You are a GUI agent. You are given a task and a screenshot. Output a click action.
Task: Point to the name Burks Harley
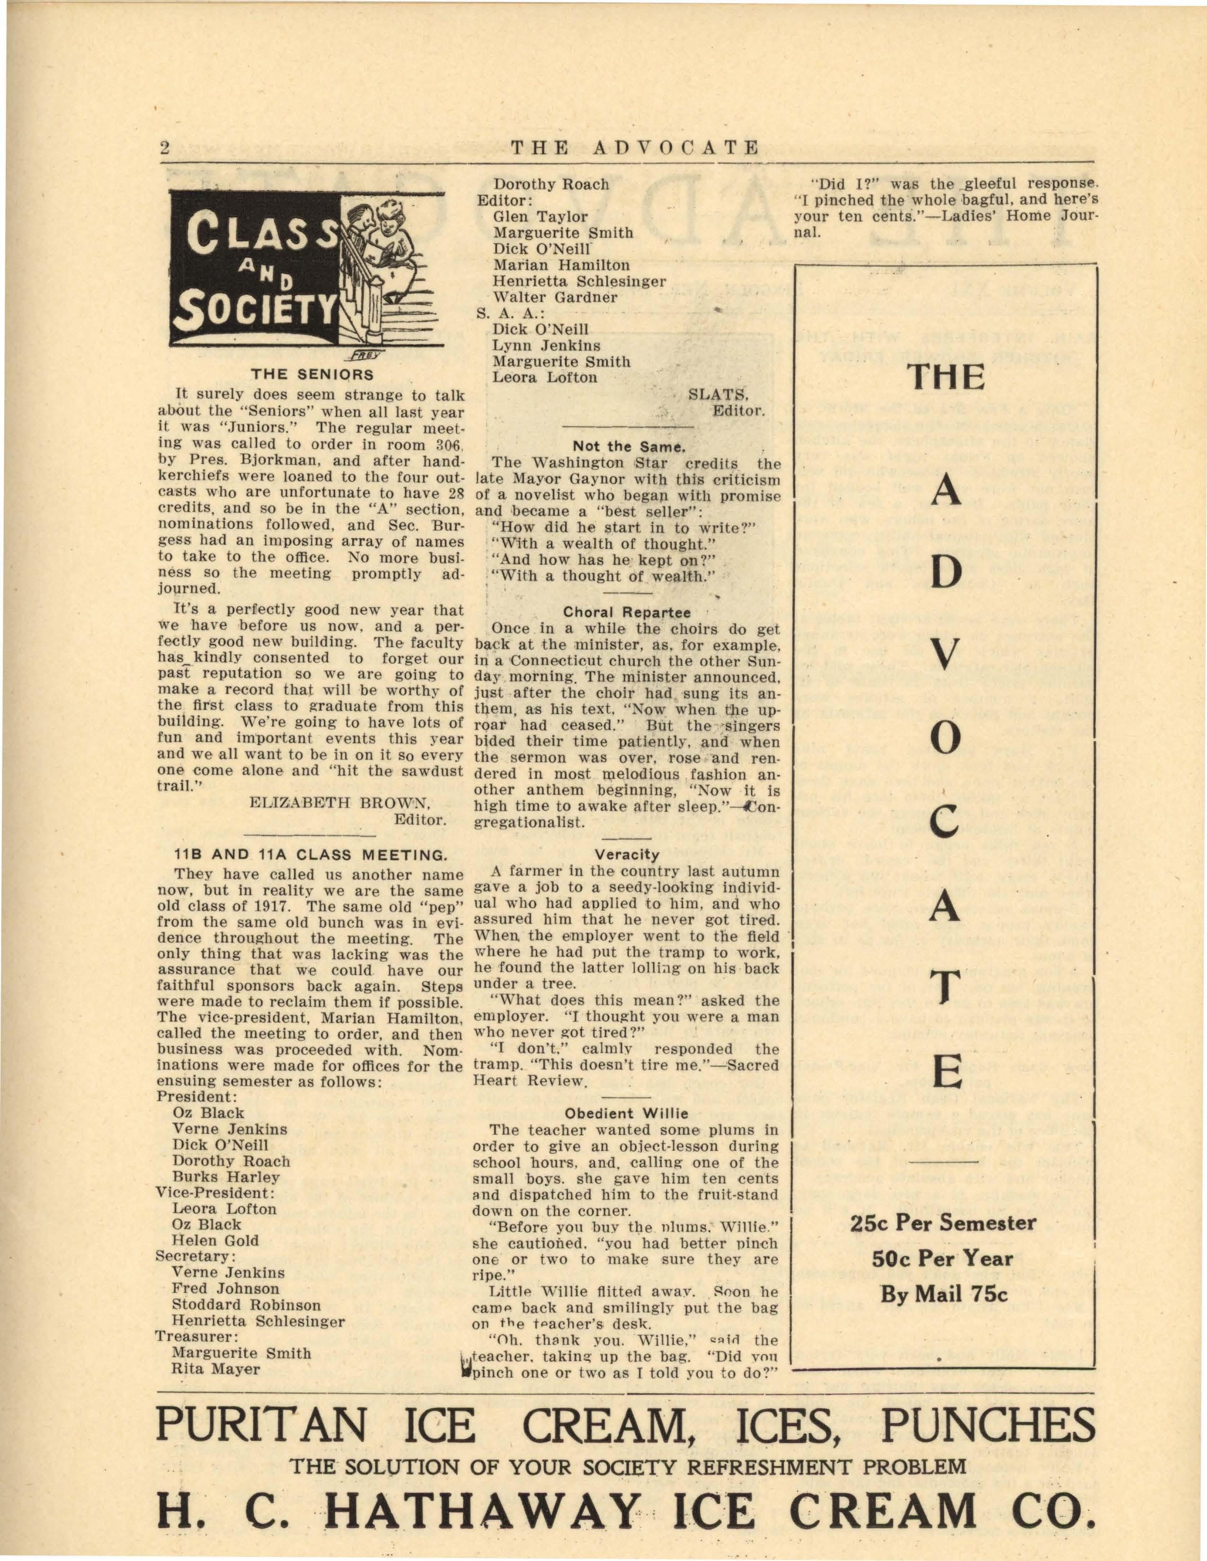tap(226, 1176)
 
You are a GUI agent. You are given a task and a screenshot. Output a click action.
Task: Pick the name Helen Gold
tap(215, 1241)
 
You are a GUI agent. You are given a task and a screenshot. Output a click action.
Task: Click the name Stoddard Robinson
tap(246, 1305)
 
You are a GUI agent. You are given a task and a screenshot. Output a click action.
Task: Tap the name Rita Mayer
tap(216, 1369)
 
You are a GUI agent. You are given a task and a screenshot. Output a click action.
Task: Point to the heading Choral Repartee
tap(627, 613)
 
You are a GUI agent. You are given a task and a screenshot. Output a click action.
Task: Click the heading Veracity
tap(626, 854)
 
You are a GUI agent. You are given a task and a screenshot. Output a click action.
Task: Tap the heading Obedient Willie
tap(626, 1113)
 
